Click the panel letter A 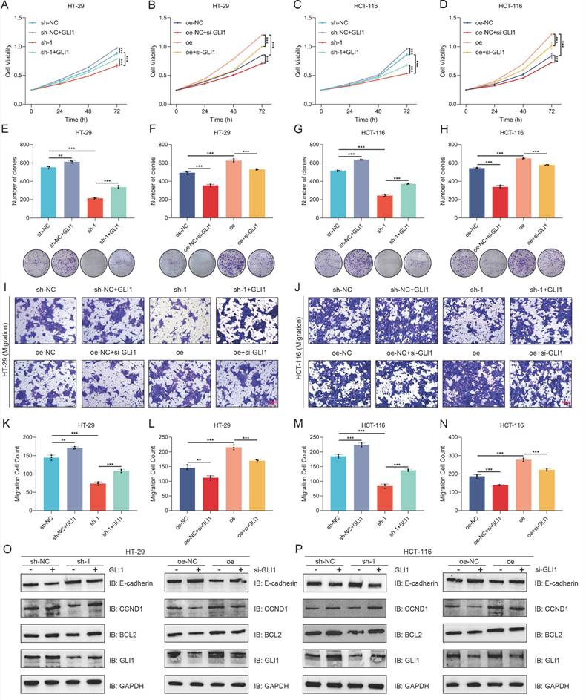[x=7, y=8]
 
